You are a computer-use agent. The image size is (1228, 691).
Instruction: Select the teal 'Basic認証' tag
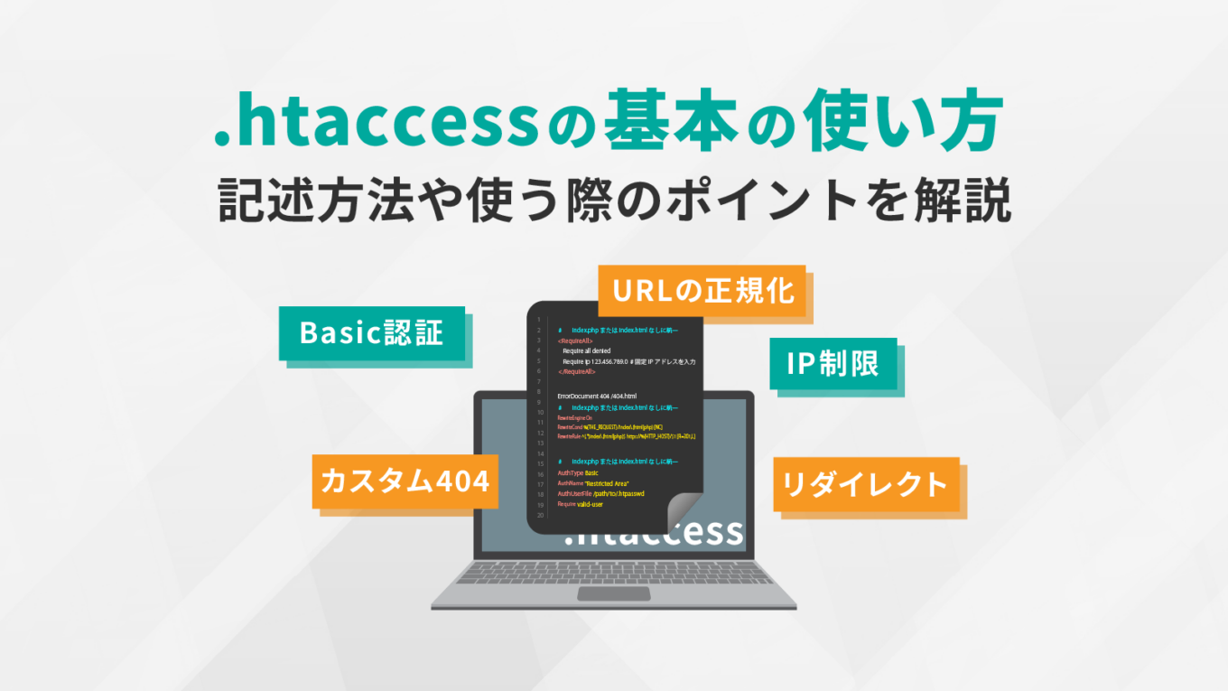coord(372,333)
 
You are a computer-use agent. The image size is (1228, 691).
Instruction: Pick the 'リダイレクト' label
coord(865,484)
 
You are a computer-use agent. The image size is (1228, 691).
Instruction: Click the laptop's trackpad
coord(613,593)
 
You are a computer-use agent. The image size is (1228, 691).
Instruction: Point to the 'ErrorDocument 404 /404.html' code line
coord(597,396)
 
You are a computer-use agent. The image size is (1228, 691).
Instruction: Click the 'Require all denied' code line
coord(586,350)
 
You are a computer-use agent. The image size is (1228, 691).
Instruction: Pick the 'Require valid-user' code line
coord(581,504)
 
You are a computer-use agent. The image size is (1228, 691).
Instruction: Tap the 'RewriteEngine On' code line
coord(575,418)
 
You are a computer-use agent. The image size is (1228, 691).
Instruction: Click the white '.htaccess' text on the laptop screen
coord(654,533)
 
